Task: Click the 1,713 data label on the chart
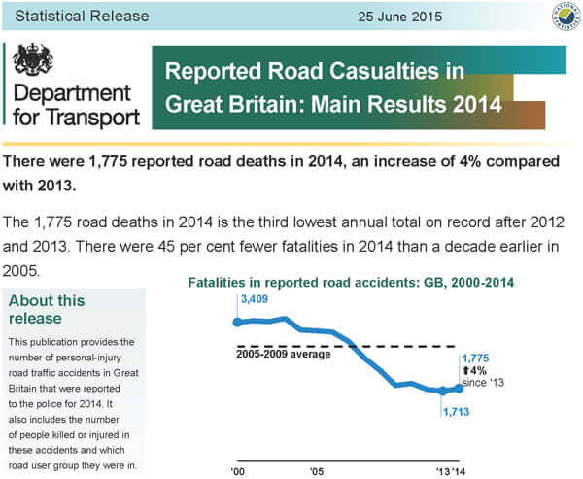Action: point(456,412)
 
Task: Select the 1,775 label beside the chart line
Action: point(475,358)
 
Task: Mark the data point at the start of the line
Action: point(236,322)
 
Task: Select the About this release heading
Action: point(47,309)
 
